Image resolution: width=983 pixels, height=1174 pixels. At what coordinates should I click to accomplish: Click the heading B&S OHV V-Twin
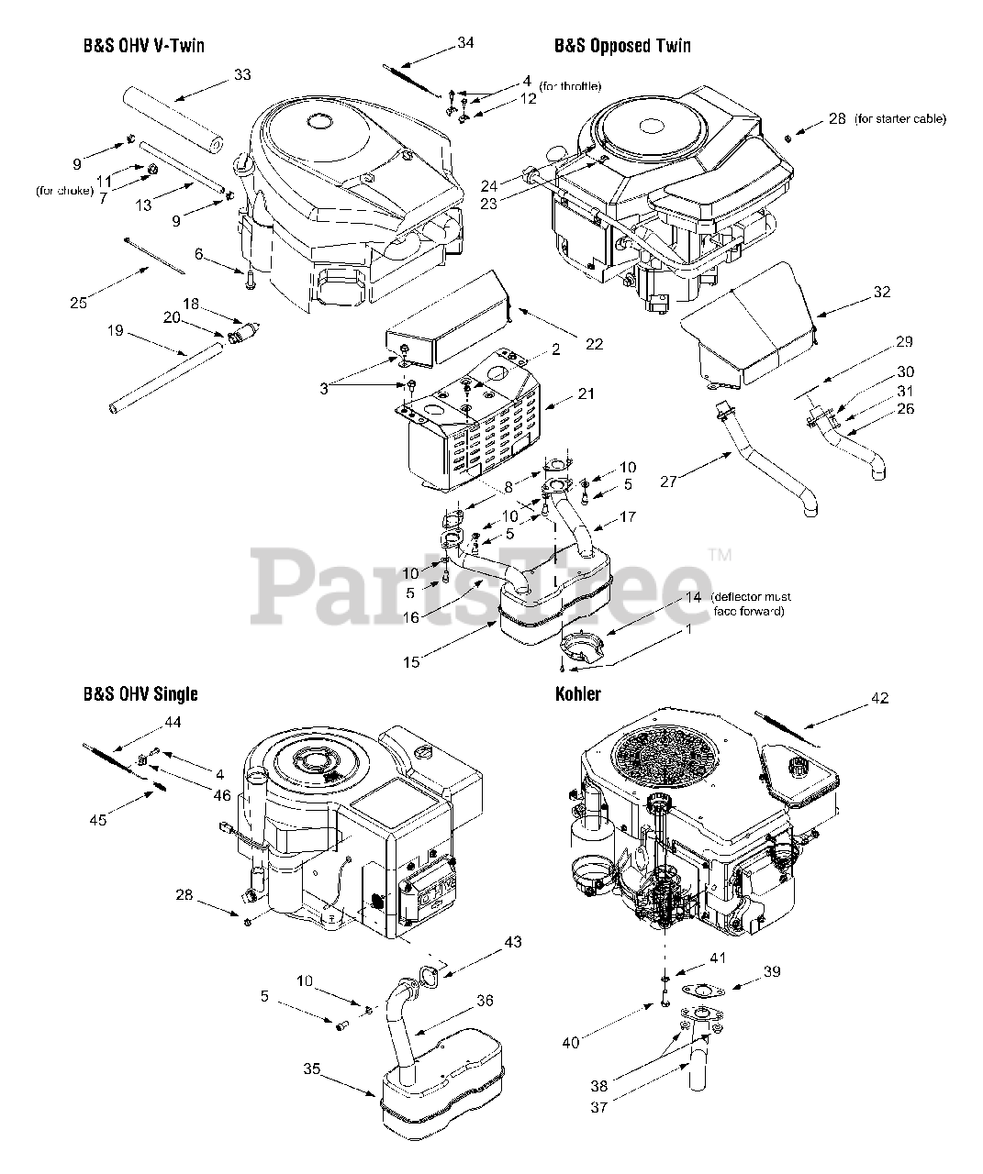coord(138,46)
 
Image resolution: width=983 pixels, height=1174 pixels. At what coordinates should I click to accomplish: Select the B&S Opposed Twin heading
coord(622,46)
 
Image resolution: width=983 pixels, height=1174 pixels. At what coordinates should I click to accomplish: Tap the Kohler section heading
coord(577,693)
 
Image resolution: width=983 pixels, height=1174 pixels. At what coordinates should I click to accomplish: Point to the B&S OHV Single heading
coord(140,694)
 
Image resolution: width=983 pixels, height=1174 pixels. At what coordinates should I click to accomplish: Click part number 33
coord(241,74)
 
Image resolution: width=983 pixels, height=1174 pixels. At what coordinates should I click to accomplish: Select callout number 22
coord(595,344)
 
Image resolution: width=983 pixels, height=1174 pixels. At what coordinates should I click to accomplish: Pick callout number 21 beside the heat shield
coord(586,393)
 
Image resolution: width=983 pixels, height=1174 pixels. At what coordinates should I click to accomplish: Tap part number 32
coord(882,293)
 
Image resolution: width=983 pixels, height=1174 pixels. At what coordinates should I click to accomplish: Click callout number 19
coord(115,331)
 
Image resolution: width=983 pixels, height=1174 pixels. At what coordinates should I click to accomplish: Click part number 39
coord(772,971)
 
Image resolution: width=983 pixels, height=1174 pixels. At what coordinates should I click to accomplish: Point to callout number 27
coord(668,482)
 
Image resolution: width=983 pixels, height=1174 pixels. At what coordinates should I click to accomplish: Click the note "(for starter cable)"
coord(899,119)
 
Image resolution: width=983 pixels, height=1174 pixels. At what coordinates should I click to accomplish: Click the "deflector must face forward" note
coord(749,604)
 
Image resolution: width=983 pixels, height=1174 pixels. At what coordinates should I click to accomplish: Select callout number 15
coord(412,660)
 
